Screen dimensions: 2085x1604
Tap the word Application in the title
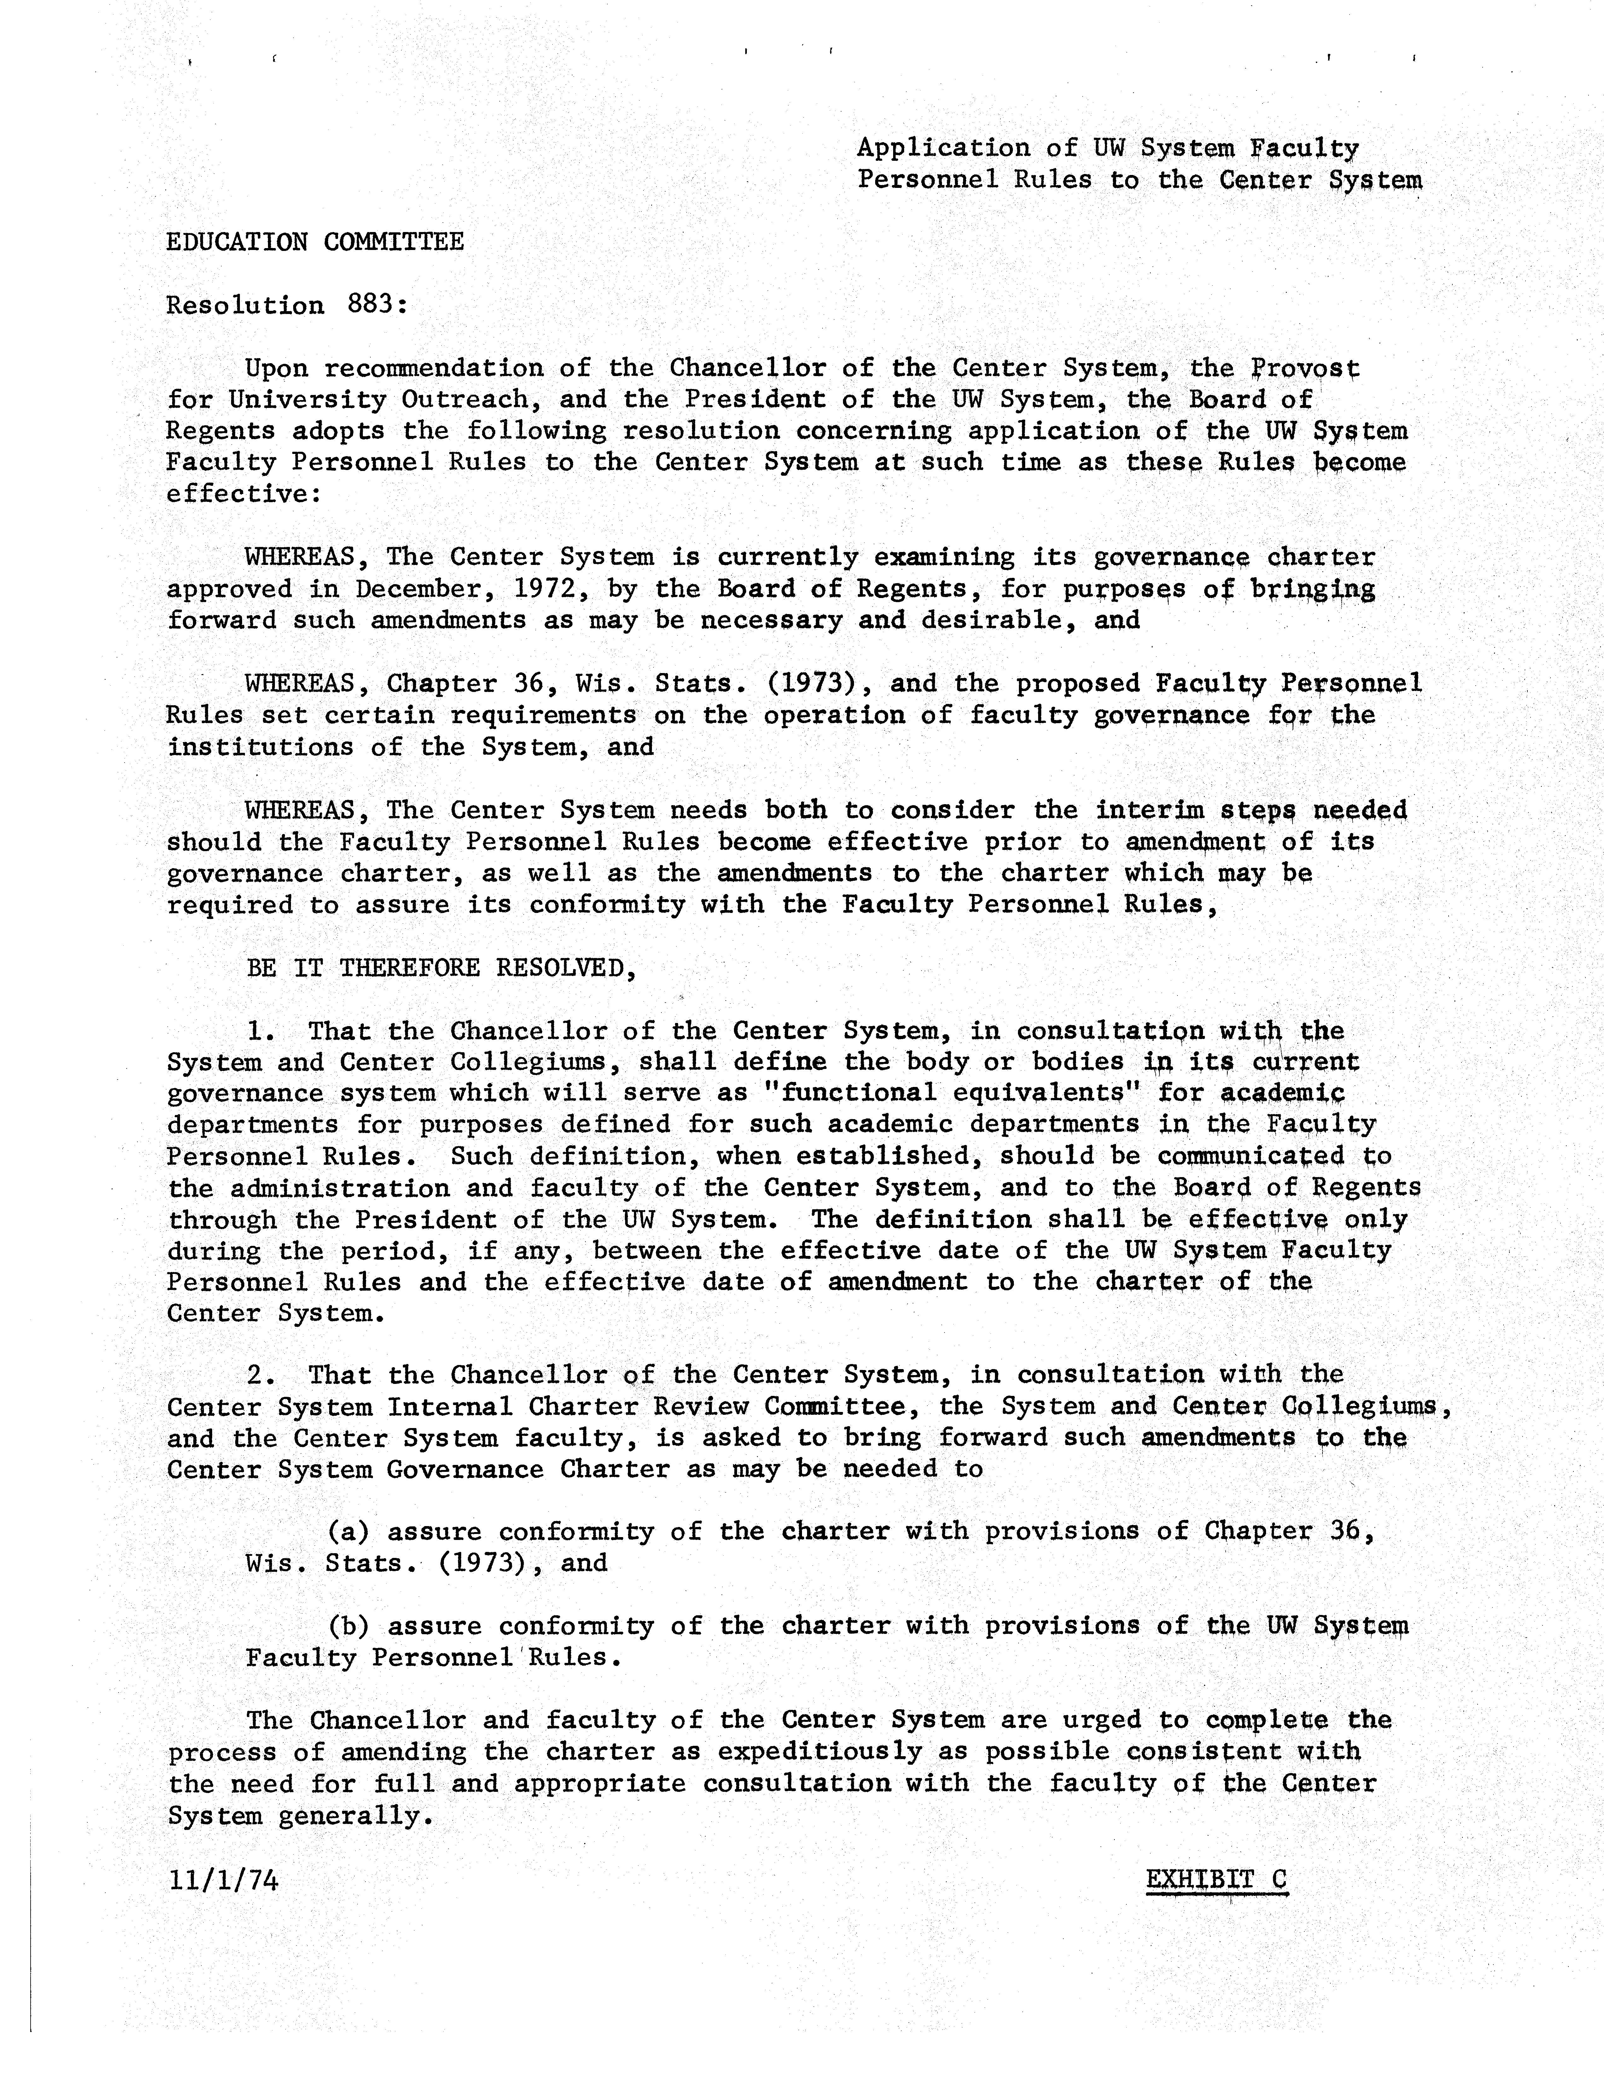click(943, 148)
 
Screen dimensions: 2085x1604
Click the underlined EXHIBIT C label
click(1215, 1880)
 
